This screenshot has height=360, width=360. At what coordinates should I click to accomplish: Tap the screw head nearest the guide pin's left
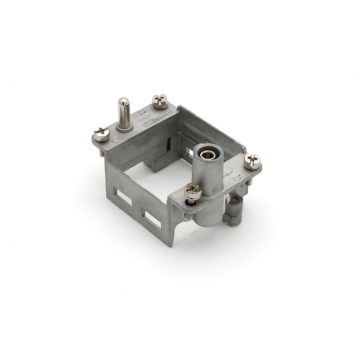pos(101,134)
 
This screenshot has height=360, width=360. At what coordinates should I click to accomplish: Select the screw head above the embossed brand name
pos(160,101)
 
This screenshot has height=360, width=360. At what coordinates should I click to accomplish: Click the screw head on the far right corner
pos(252,161)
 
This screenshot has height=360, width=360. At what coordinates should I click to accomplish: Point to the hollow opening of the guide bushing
pos(207,154)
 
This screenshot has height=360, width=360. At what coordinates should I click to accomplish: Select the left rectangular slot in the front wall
pos(124,197)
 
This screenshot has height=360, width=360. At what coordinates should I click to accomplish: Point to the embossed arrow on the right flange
pos(229,174)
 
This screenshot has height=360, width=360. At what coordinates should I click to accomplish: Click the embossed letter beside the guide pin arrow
pos(141,113)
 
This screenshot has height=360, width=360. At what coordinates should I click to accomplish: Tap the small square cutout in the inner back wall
pos(190,152)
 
